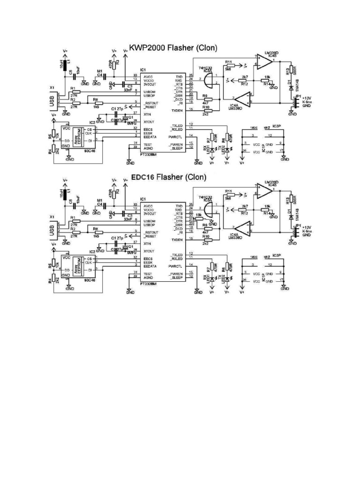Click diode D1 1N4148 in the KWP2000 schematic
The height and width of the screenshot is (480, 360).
coord(291,87)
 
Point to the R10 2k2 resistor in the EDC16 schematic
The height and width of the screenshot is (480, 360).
coord(205,240)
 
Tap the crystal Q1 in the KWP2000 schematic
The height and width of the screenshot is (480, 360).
coord(125,117)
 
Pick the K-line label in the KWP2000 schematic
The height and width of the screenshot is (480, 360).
coord(307,101)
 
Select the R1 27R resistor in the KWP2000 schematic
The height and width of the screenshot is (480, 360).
coord(73,91)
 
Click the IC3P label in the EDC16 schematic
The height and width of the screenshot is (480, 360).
coord(277,256)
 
